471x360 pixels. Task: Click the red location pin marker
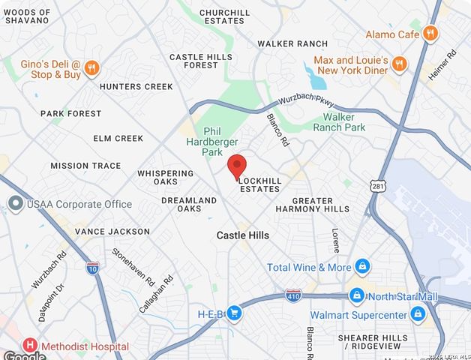(x=237, y=166)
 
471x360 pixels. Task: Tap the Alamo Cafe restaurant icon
(x=430, y=34)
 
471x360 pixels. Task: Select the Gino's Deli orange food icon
(x=91, y=68)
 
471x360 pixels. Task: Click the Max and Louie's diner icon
(x=399, y=64)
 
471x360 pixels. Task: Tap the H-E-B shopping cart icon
(x=234, y=313)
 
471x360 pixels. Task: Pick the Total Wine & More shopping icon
(x=362, y=267)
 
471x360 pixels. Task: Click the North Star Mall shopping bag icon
(x=357, y=296)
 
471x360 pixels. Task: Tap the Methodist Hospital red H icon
(x=30, y=346)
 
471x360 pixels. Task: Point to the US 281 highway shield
(x=376, y=184)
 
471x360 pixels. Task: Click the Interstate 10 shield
(x=92, y=266)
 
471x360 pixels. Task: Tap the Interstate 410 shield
(x=293, y=294)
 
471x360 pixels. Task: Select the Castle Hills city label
(x=242, y=235)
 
